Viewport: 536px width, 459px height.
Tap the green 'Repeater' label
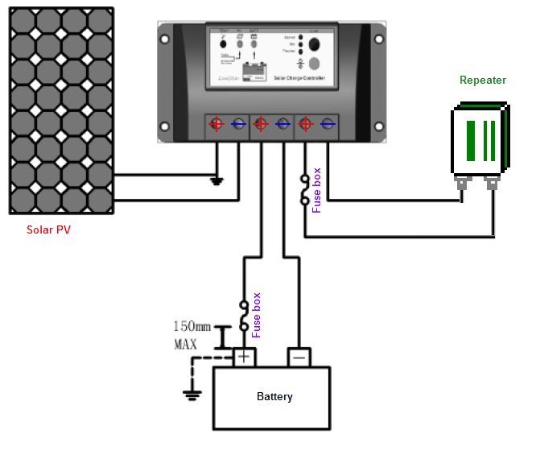coord(482,80)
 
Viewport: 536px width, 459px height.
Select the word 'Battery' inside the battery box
coord(274,397)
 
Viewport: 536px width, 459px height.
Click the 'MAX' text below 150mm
coord(186,345)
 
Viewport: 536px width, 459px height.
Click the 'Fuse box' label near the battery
coord(257,314)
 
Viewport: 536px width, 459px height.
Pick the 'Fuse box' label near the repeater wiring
coord(316,190)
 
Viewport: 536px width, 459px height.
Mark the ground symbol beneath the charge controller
coord(216,180)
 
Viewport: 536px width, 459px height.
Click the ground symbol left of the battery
coord(192,395)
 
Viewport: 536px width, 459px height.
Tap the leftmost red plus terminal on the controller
coord(216,124)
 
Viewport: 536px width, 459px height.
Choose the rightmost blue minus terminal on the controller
coord(327,124)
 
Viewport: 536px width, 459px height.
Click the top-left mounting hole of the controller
coord(166,37)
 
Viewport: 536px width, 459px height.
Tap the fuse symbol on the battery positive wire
coord(244,315)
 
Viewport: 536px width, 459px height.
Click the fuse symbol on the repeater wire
coord(305,189)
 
